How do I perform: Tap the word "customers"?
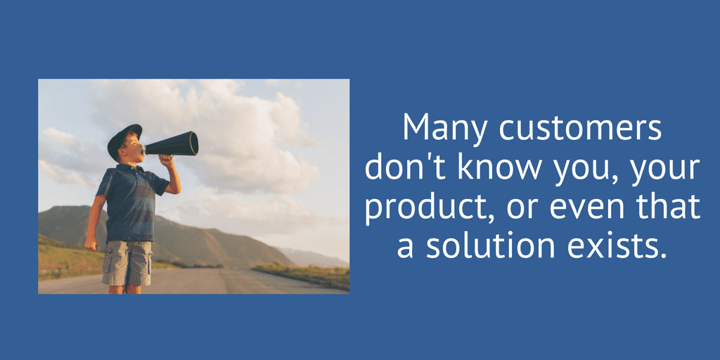point(581,126)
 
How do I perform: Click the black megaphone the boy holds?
point(172,144)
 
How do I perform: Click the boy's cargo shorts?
point(127,263)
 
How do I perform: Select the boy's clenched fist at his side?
point(91,243)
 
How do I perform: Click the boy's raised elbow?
point(175,189)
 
